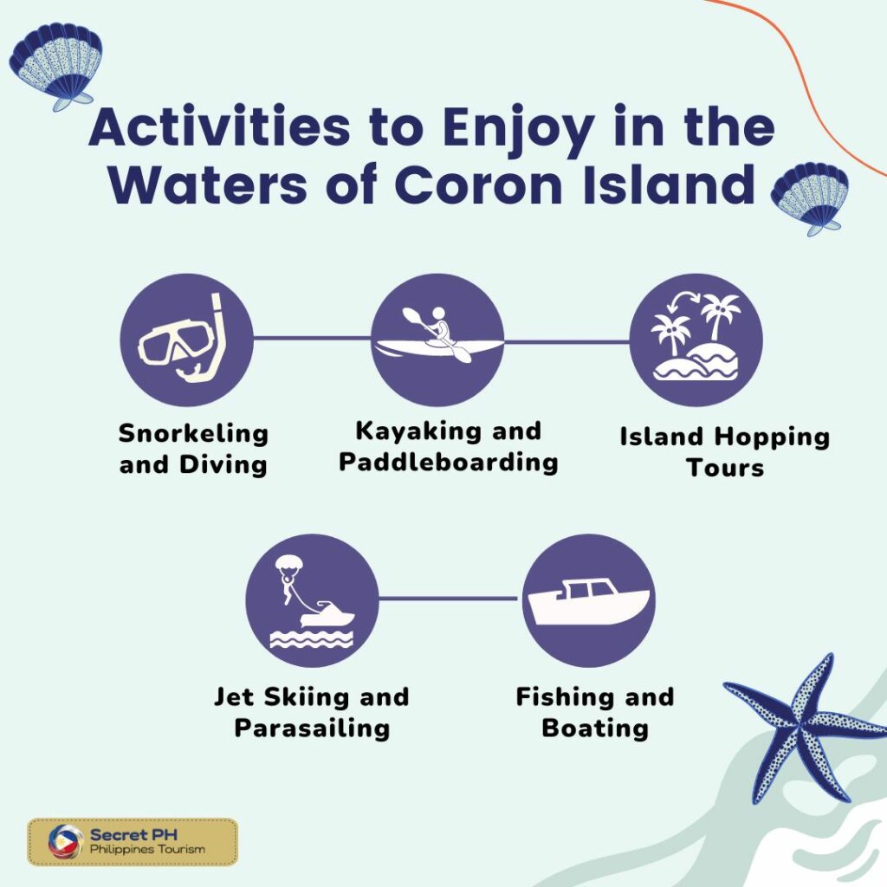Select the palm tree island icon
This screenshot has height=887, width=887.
pos(696,340)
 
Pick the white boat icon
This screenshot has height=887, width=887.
pos(589,599)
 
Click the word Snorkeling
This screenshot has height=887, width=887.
pos(193,432)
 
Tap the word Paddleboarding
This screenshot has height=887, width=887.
pos(448,462)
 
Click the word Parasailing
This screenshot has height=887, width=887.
pos(312,727)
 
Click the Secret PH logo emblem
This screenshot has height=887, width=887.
pos(66,841)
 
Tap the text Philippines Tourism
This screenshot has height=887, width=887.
pos(147,850)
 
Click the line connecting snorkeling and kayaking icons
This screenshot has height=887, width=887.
pos(312,339)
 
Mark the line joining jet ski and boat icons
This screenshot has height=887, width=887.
pos(450,599)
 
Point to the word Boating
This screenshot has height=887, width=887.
pos(595,727)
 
